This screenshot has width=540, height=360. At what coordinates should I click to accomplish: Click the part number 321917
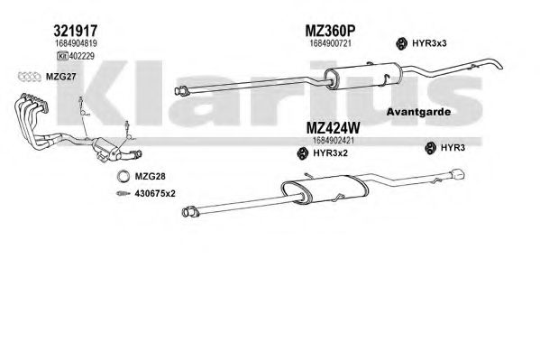pos(76,31)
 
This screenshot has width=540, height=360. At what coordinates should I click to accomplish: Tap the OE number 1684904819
pos(76,43)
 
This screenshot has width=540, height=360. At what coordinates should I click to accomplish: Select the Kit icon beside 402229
pos(62,56)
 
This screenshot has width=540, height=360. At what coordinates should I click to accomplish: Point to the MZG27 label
pos(60,77)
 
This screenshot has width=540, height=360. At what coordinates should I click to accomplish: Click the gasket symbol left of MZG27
pos(30,77)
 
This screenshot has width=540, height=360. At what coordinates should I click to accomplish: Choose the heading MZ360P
pos(330,31)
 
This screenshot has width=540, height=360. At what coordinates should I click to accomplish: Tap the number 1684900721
pos(331,43)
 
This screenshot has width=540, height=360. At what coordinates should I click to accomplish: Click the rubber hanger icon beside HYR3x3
pos(401,43)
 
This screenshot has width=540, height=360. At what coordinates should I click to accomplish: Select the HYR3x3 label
pos(429,43)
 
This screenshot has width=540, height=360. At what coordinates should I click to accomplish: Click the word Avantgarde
pos(418,112)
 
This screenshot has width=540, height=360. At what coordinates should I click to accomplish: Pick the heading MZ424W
pos(333,128)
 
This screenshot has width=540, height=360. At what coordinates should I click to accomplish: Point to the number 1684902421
pos(334,141)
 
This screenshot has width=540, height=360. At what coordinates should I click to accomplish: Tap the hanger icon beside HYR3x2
pos(303,153)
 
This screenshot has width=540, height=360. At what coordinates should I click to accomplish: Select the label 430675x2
pos(155,193)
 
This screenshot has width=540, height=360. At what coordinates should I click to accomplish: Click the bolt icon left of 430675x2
pos(123,193)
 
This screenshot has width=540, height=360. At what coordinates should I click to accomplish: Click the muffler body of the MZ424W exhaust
pos(325,189)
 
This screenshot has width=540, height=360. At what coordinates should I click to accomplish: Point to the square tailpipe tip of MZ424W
pos(458,174)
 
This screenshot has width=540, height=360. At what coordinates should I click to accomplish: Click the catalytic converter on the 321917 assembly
pos(107,148)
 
